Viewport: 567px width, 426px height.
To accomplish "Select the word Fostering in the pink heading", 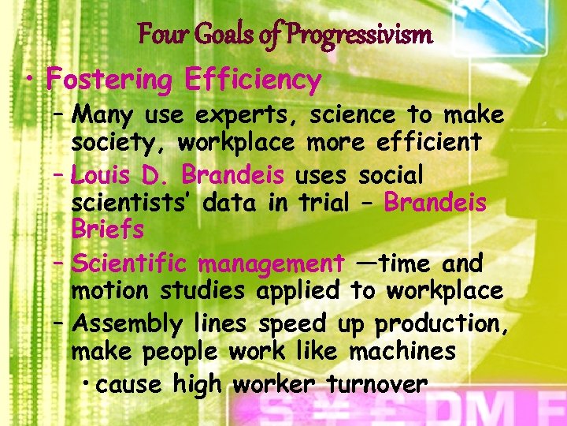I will click(x=110, y=80).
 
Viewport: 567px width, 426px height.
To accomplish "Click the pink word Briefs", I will click(x=108, y=230).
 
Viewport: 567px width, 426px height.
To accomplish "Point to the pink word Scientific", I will click(x=130, y=262).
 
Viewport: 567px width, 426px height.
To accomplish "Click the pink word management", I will click(x=271, y=262).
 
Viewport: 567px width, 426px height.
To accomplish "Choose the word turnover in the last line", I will click(x=376, y=384).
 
